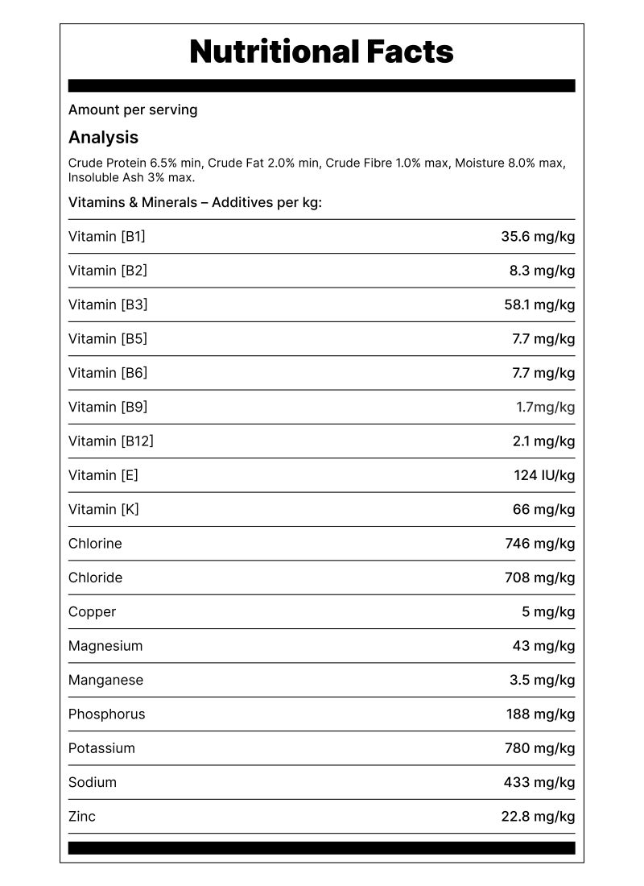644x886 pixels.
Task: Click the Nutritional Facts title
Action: pyautogui.click(x=321, y=52)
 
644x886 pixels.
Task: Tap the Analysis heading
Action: pyautogui.click(x=103, y=137)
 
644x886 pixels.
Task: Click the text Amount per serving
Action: pyautogui.click(x=133, y=110)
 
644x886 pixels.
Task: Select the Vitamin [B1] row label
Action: pyautogui.click(x=107, y=236)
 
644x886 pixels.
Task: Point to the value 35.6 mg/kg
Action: pyautogui.click(x=538, y=236)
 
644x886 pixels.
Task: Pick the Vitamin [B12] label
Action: pyautogui.click(x=111, y=441)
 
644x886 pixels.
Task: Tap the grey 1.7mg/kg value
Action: pyautogui.click(x=545, y=407)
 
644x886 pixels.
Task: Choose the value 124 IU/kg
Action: pyautogui.click(x=544, y=475)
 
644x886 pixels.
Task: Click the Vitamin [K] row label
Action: pyautogui.click(x=104, y=509)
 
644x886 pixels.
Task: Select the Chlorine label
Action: pyautogui.click(x=95, y=544)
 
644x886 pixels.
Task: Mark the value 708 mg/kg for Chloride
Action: pyautogui.click(x=539, y=578)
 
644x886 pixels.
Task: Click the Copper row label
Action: pyautogui.click(x=92, y=611)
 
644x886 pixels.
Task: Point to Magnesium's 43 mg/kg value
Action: pyautogui.click(x=543, y=646)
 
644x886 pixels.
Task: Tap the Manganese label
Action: pyautogui.click(x=105, y=680)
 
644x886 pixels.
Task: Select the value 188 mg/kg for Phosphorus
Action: pyautogui.click(x=539, y=714)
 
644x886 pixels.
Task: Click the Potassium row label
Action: pyautogui.click(x=101, y=748)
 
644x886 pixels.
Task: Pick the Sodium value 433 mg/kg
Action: pyautogui.click(x=539, y=782)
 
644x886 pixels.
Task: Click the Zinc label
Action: pyautogui.click(x=82, y=816)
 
